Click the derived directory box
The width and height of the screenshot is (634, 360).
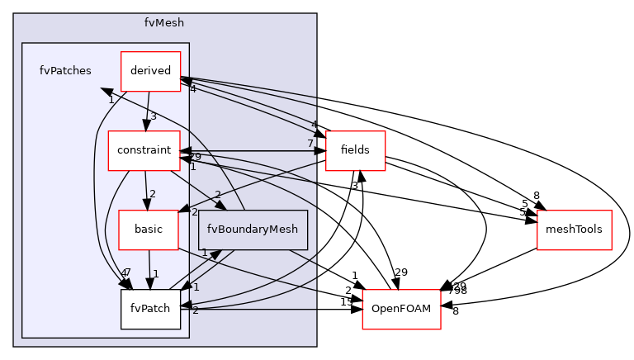tap(150, 71)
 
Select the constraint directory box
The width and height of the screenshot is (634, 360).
tap(144, 150)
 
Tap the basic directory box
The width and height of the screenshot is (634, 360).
tap(149, 230)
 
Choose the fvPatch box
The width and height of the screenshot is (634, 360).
tap(150, 309)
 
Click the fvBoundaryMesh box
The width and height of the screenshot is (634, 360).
tap(253, 230)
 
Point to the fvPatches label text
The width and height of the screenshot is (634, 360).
tap(65, 71)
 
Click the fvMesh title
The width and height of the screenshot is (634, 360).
tap(164, 23)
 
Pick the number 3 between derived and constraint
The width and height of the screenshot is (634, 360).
tap(153, 116)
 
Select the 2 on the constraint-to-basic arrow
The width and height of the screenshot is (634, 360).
tap(152, 194)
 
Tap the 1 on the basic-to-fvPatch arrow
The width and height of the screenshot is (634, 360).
tap(154, 273)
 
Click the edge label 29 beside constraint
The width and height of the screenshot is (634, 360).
tap(195, 156)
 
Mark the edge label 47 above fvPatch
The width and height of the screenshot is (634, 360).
tap(125, 272)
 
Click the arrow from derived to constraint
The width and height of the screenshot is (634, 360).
tap(147, 111)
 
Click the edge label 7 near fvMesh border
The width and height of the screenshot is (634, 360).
tap(310, 144)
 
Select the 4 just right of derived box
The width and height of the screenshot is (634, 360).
tap(192, 89)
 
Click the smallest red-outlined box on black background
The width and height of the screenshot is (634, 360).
tap(355, 151)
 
